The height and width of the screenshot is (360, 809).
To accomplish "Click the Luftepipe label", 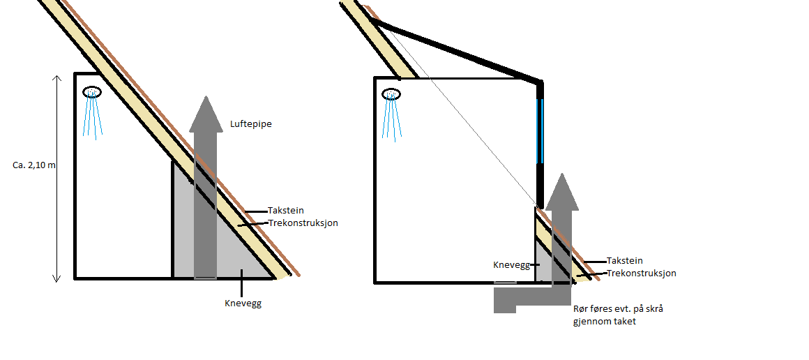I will click(x=250, y=124).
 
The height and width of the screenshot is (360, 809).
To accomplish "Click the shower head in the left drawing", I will click(x=92, y=92).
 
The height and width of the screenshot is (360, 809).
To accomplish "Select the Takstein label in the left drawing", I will click(x=286, y=210).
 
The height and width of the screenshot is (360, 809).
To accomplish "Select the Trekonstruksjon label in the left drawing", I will click(x=303, y=223).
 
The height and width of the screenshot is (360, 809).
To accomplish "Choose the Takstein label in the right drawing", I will click(x=625, y=260).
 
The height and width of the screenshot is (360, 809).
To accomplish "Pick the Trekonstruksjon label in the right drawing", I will click(x=641, y=273).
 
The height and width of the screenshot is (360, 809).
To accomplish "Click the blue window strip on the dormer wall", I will click(x=540, y=131).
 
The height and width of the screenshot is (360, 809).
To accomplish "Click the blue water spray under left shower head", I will click(x=92, y=119).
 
